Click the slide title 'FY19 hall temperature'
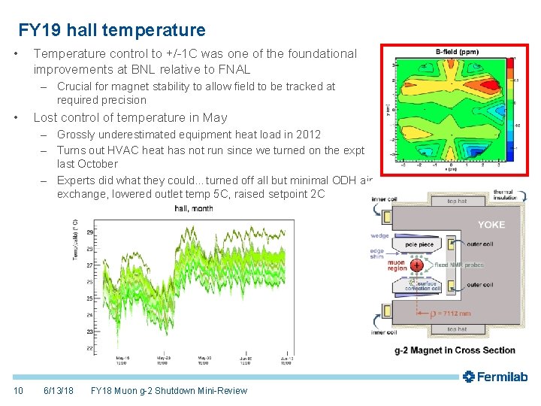click(x=111, y=30)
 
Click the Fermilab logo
click(x=495, y=377)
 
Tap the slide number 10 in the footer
click(x=18, y=391)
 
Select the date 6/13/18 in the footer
click(x=59, y=391)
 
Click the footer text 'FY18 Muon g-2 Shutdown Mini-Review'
click(x=168, y=391)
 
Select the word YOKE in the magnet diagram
click(x=492, y=224)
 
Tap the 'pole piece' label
click(x=419, y=244)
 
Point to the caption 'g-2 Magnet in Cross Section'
click(x=455, y=350)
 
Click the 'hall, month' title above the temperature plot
click(x=194, y=208)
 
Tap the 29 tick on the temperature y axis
click(x=90, y=232)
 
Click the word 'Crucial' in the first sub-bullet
click(x=75, y=86)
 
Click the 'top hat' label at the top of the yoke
click(x=458, y=201)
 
